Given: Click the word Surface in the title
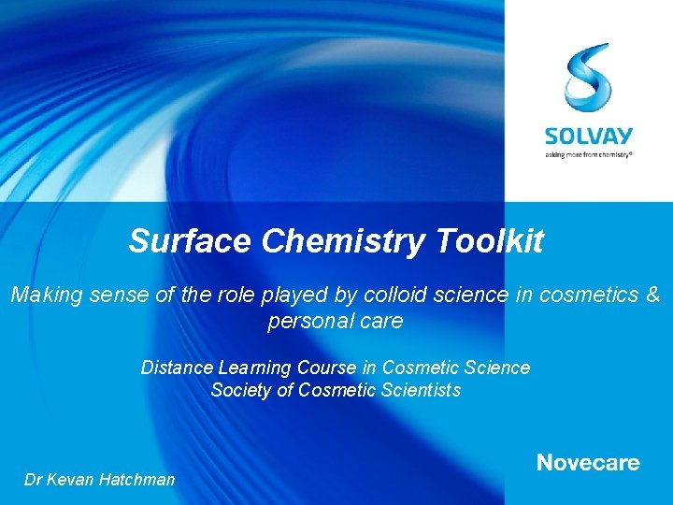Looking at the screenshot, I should tap(191, 241).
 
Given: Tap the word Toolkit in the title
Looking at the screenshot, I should tap(489, 241).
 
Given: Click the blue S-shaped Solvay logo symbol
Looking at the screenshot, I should tap(588, 77).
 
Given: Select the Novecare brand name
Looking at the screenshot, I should tap(588, 462).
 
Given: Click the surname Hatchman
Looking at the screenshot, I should tap(136, 480).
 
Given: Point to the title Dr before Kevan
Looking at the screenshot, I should tap(34, 480).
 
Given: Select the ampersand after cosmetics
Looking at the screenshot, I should tap(652, 296).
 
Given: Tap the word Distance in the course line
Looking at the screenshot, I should tap(174, 368).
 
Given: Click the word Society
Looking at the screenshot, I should tap(241, 390).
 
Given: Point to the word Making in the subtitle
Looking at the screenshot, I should tap(42, 296).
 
